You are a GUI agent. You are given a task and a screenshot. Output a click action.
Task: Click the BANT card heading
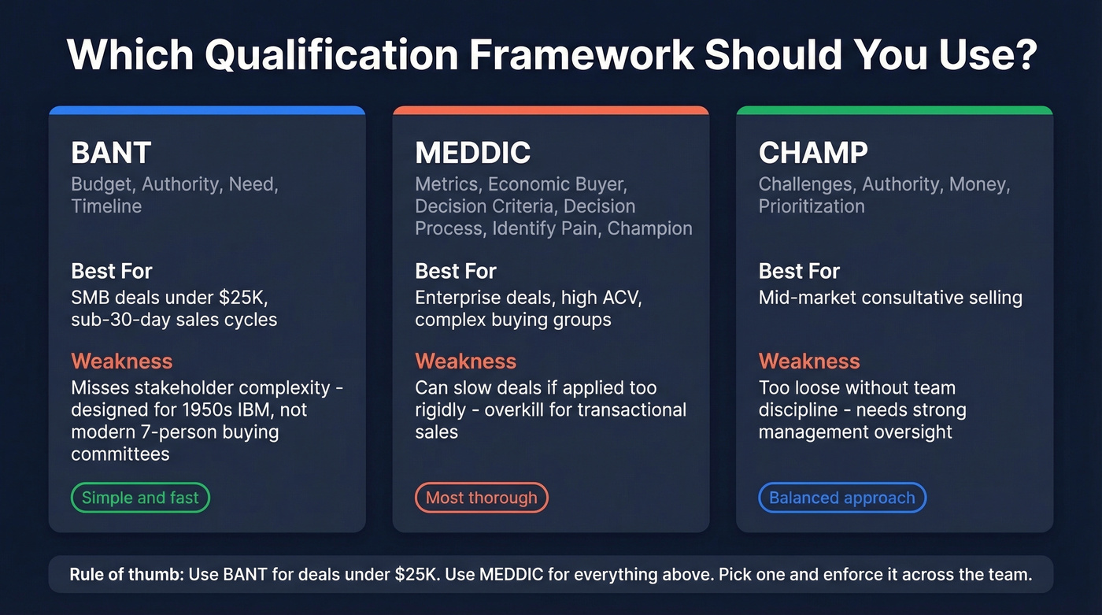[x=111, y=153]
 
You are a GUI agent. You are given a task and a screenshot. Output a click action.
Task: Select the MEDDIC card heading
[x=472, y=153]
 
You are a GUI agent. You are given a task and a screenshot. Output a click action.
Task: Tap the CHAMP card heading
[x=813, y=153]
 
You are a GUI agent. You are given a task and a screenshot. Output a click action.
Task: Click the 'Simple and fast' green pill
[x=140, y=498]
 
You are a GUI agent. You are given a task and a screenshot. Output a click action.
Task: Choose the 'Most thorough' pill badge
[x=481, y=498]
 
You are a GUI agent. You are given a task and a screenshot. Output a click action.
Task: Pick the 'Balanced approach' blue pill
[x=841, y=498]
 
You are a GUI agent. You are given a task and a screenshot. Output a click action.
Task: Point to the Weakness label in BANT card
[x=121, y=361]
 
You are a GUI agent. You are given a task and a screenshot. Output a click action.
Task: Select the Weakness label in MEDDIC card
[x=465, y=361]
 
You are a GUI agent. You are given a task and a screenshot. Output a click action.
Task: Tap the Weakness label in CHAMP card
[x=809, y=361]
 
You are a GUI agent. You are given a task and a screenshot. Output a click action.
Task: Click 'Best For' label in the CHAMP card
[x=799, y=272]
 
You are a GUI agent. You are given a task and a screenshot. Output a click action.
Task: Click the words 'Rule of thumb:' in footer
[x=127, y=575]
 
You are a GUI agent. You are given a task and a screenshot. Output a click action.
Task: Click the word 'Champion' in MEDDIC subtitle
[x=650, y=228]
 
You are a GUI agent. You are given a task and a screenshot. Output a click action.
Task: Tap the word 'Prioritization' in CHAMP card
[x=812, y=206]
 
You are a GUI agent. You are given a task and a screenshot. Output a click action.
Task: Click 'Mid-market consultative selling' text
[x=890, y=298]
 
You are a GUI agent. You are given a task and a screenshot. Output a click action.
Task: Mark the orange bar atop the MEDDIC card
[x=550, y=110]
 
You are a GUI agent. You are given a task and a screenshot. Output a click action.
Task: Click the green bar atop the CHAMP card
[x=894, y=110]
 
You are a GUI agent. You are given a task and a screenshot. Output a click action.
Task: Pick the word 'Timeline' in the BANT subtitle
[x=106, y=206]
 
